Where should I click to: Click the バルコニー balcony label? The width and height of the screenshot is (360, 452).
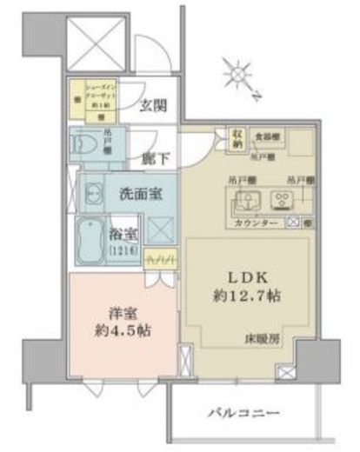(x=246, y=409)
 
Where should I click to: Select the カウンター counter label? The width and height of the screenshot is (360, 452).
(x=258, y=224)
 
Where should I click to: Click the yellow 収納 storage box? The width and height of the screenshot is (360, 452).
(x=237, y=138)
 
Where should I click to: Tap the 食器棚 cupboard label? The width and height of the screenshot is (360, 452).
(x=266, y=137)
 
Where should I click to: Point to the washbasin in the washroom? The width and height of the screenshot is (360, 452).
(x=93, y=196)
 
